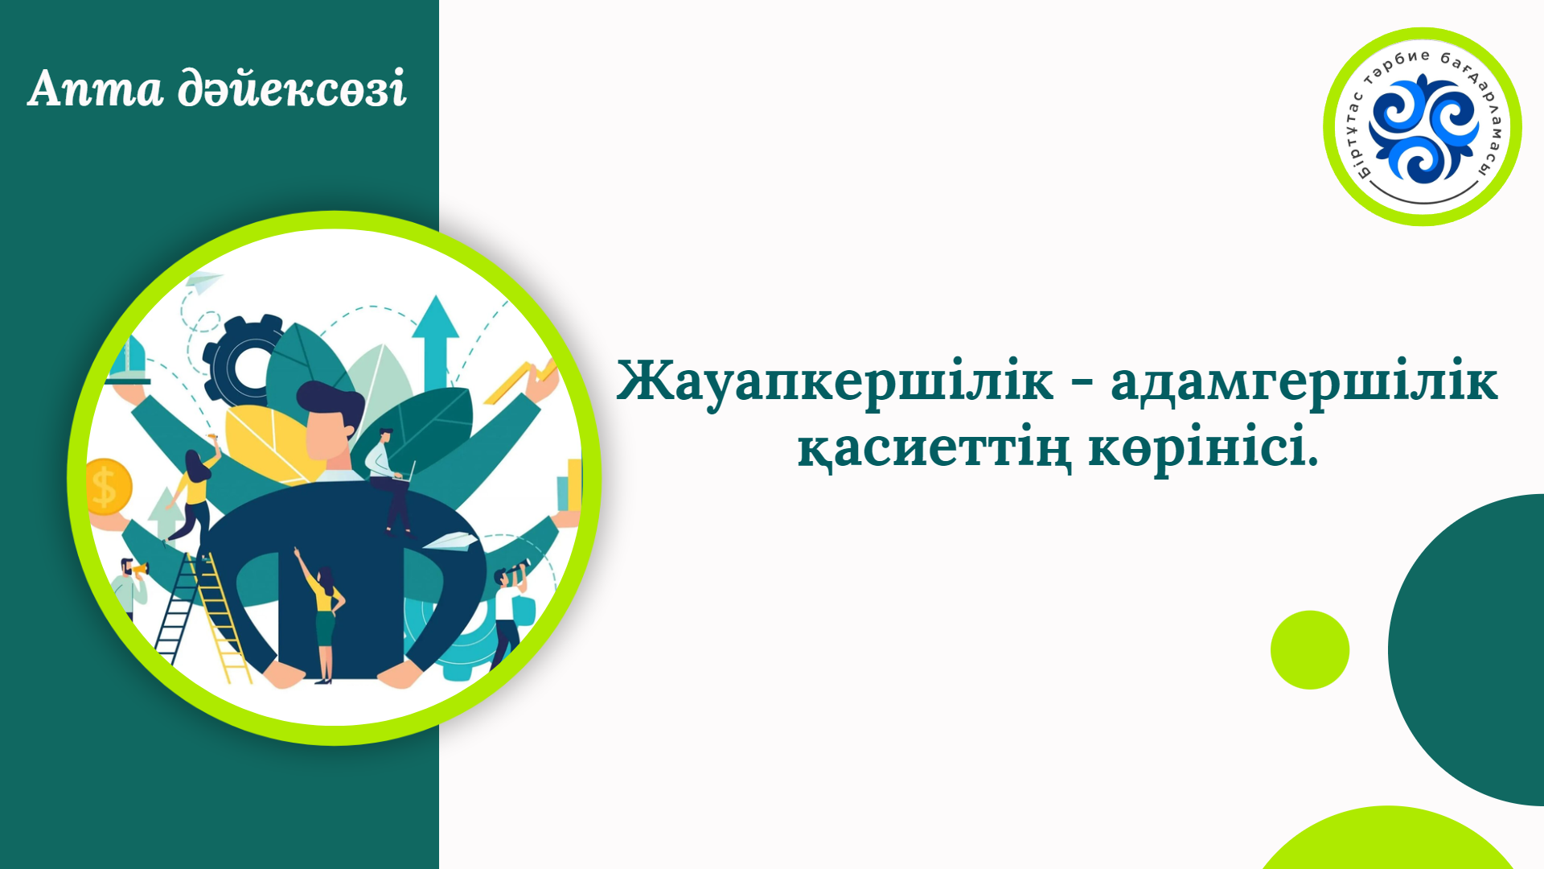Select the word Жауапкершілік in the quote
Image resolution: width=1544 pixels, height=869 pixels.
[x=835, y=381]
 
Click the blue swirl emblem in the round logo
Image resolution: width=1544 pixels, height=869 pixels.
[x=1423, y=128]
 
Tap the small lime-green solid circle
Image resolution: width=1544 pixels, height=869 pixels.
[x=1310, y=650]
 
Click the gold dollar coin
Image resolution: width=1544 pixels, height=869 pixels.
[x=107, y=486]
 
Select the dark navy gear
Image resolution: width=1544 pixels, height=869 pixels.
[x=241, y=361]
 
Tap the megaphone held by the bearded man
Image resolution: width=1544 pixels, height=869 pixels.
[x=140, y=570]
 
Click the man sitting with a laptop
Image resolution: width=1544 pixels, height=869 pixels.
[x=389, y=480]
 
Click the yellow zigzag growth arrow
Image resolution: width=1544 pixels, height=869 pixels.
[x=521, y=381]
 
